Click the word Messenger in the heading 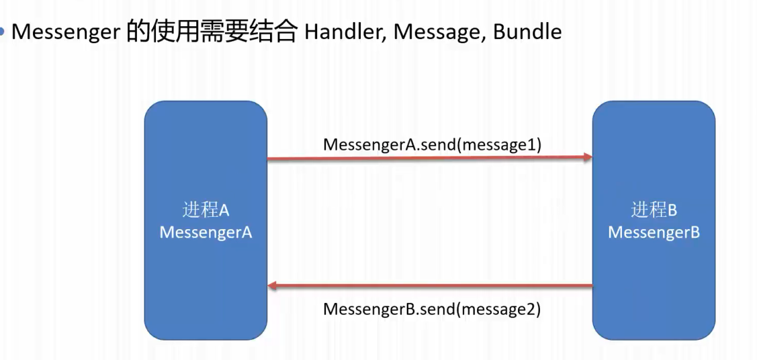[x=66, y=32]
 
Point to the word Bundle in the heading [x=527, y=32]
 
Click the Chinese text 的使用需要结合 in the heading [x=212, y=32]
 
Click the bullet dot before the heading [x=3, y=32]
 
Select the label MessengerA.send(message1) [x=432, y=144]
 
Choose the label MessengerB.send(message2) [x=432, y=310]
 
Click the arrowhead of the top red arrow [x=587, y=158]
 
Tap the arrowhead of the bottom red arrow [x=273, y=287]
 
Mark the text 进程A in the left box [x=206, y=210]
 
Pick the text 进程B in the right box [x=654, y=210]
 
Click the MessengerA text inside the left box [x=206, y=232]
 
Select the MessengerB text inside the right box [x=654, y=232]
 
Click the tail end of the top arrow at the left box [x=270, y=159]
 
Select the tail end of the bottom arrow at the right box [x=590, y=286]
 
